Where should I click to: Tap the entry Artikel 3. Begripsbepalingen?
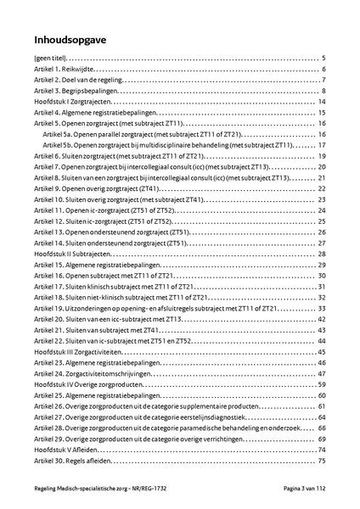click(75, 91)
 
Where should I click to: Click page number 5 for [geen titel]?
click(324, 58)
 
